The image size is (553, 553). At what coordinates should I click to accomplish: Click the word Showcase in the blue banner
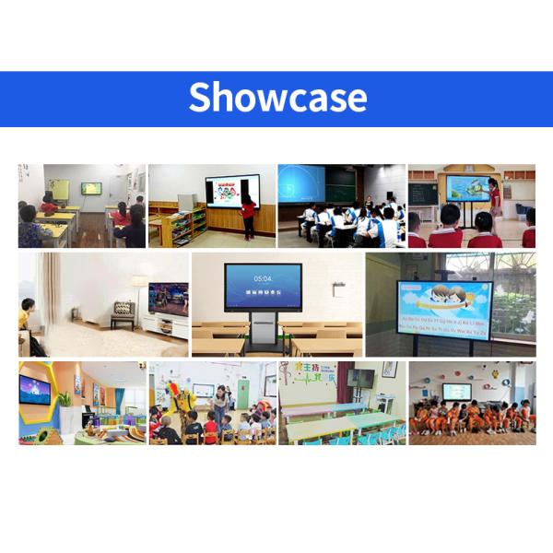[277, 98]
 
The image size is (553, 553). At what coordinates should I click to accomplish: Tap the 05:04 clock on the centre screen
[263, 277]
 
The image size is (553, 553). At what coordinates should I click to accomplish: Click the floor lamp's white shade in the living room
[137, 281]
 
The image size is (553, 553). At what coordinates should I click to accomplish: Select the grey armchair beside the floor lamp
[123, 315]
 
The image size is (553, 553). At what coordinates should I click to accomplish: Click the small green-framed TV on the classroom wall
[91, 188]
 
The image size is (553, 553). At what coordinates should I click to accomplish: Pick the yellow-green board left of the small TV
[59, 191]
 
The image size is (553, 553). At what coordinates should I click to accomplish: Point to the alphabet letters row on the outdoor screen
[443, 324]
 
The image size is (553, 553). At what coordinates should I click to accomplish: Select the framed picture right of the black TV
[389, 369]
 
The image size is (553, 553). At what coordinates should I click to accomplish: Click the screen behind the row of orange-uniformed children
[456, 391]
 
